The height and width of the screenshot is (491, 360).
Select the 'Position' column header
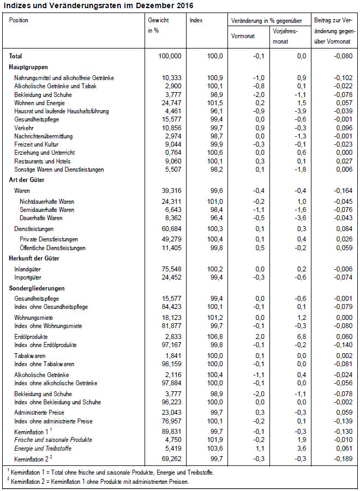[x=19, y=20]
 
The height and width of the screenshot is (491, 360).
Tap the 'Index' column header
[x=196, y=20]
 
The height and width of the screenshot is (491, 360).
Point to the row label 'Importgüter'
[x=29, y=277]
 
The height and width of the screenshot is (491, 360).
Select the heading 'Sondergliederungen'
[x=37, y=288]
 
